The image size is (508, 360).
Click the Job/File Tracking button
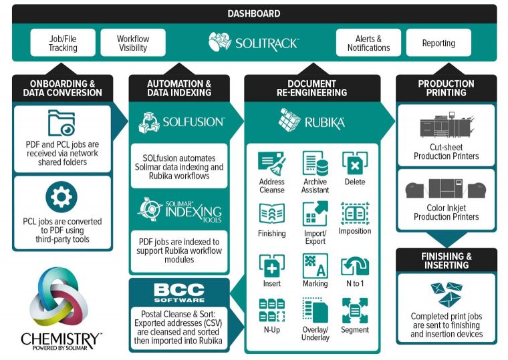point(63,43)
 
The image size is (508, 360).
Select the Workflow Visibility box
point(133,43)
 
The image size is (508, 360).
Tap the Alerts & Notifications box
point(368,43)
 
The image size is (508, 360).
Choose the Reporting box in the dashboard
point(438,43)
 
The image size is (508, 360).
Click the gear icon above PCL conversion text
point(62,198)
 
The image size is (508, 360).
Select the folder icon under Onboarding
point(62,123)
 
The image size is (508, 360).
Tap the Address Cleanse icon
point(271,164)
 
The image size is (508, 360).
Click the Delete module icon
point(355,164)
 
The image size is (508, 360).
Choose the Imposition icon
point(355,214)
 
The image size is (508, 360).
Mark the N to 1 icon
point(355,266)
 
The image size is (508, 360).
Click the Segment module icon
point(355,311)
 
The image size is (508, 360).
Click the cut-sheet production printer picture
point(446,126)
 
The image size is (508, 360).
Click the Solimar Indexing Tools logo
point(178,211)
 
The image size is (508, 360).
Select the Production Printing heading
point(446,88)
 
